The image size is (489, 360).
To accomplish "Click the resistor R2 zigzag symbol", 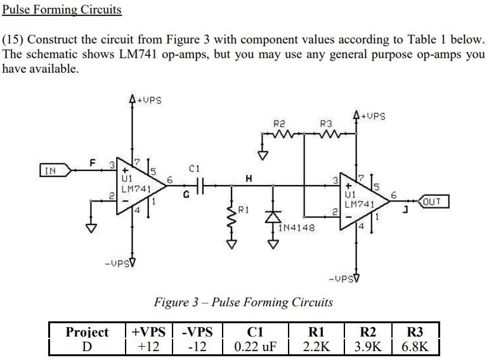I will coord(280,134).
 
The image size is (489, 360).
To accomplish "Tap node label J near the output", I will coord(403,210).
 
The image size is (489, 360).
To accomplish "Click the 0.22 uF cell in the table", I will coord(255,347).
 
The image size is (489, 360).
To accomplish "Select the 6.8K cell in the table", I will coord(415,347).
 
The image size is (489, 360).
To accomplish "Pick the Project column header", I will coord(87,332).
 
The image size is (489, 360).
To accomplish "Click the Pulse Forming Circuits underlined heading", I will coord(62,10).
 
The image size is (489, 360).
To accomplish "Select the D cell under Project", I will coord(87,347).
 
